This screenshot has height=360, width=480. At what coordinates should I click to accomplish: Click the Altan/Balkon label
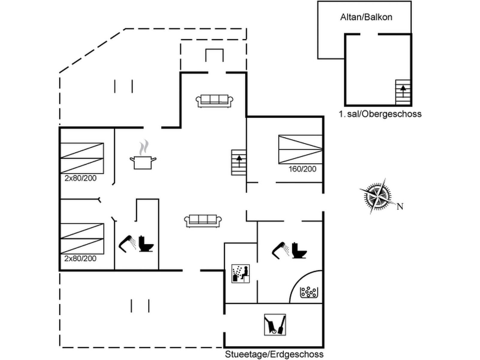point(366,17)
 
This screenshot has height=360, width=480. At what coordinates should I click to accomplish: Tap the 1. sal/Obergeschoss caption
point(380,114)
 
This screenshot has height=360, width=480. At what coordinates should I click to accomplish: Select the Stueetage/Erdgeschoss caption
point(274,354)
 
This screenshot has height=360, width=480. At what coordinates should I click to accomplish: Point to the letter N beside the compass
point(400,206)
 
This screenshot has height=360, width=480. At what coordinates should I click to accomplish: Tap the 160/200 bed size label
point(302,169)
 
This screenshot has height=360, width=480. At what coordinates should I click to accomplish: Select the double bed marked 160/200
point(300,149)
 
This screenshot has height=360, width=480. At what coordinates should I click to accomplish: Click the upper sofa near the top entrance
point(214,100)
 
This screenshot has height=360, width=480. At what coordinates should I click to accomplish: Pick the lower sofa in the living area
point(203,220)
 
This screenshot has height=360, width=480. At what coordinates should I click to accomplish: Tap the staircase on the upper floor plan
point(403,92)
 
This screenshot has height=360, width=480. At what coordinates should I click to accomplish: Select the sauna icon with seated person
point(241,273)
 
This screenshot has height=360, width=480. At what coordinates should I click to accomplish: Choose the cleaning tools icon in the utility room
point(275,325)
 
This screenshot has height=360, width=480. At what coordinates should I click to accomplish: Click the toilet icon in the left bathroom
point(146,244)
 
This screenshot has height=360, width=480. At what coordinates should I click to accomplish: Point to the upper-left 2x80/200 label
point(80,178)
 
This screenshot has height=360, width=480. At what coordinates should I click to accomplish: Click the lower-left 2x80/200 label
point(80,258)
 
